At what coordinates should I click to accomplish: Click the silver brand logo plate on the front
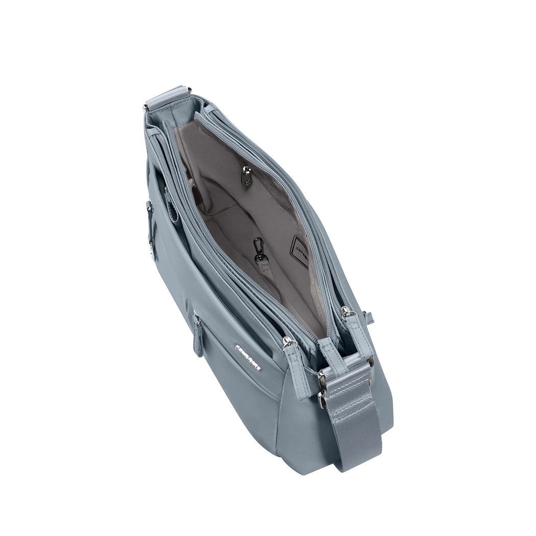click(248, 357)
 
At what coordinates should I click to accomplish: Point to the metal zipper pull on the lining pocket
click(247, 177)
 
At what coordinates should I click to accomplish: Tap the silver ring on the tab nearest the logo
click(288, 341)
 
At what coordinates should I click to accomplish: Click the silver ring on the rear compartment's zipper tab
click(346, 311)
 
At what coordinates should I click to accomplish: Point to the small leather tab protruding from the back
click(369, 318)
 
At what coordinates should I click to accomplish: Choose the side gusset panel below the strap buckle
click(301, 429)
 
